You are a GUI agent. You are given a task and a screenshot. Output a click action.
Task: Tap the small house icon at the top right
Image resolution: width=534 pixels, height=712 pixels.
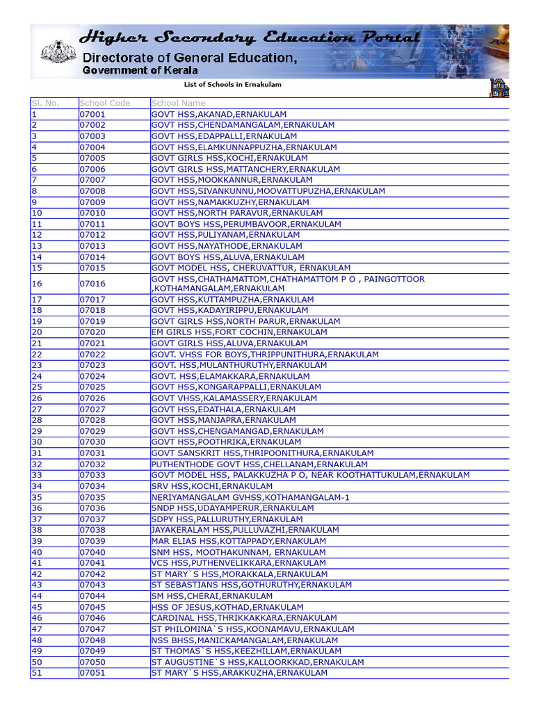click(x=499, y=88)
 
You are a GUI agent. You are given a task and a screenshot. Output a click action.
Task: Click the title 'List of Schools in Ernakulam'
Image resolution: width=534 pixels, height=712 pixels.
click(x=233, y=85)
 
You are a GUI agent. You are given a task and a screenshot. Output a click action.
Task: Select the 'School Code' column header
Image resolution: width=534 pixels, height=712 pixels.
click(x=105, y=103)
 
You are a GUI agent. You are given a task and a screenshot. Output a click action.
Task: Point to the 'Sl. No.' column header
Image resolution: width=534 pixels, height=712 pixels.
click(x=45, y=103)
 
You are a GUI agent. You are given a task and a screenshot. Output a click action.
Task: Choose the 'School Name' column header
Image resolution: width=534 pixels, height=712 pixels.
click(x=179, y=103)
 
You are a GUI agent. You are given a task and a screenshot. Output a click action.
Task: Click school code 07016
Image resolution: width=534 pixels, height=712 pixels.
click(x=92, y=284)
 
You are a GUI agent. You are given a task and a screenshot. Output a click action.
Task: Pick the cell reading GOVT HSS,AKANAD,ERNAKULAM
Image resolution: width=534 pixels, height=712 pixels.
click(x=219, y=114)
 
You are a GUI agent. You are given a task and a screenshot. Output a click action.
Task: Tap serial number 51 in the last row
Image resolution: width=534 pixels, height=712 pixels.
click(x=37, y=673)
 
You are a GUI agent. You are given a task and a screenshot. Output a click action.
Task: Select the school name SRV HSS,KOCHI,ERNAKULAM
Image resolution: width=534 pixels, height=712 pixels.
click(x=212, y=486)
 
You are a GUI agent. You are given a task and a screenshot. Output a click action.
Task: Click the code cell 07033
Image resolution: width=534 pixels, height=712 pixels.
click(x=92, y=475)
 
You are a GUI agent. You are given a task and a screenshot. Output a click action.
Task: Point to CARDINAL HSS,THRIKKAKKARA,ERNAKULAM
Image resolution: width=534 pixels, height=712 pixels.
click(x=244, y=618)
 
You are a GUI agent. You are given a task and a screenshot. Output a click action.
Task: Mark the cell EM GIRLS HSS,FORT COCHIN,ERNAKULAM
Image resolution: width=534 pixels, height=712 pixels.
click(x=239, y=332)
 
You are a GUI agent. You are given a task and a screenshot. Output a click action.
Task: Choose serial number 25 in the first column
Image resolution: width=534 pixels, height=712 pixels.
click(x=37, y=387)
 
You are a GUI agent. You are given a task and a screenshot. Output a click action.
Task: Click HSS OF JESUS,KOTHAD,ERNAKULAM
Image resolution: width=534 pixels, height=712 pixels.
click(x=227, y=607)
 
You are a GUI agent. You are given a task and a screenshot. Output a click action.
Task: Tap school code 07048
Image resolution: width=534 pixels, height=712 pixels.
click(x=92, y=640)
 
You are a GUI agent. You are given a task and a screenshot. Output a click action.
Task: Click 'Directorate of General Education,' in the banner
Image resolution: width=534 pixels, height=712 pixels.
click(x=190, y=58)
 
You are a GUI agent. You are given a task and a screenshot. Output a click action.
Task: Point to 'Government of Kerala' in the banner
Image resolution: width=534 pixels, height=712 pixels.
click(x=140, y=70)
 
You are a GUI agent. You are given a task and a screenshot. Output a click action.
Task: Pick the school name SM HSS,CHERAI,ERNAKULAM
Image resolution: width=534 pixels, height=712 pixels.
click(x=212, y=596)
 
